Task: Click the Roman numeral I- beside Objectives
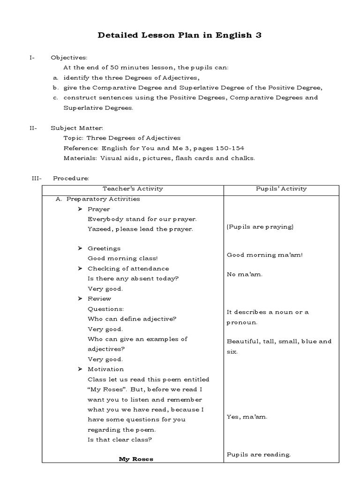(31, 58)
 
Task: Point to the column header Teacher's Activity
(133, 188)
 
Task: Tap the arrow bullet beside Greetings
(80, 248)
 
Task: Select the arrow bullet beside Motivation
(80, 369)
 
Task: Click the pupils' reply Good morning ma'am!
(265, 255)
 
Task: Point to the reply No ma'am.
(245, 274)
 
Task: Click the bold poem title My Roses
(135, 459)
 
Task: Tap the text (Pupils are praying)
(260, 227)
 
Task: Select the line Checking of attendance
(128, 269)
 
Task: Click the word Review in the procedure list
(99, 299)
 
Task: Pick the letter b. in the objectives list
(55, 88)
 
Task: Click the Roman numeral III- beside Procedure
(37, 178)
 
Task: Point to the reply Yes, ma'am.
(247, 417)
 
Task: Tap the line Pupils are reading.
(259, 454)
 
